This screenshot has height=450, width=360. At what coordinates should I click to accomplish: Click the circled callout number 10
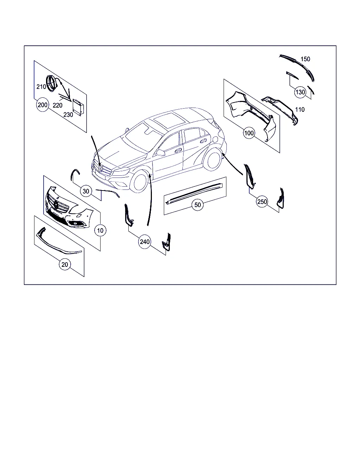(100, 230)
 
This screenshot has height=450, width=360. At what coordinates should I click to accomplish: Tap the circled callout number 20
(65, 264)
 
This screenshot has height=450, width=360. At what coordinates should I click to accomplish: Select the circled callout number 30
(86, 191)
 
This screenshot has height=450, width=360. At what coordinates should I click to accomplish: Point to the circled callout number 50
(198, 205)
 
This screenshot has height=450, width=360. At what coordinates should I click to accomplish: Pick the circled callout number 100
(249, 133)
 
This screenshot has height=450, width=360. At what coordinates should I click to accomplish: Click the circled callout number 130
(300, 92)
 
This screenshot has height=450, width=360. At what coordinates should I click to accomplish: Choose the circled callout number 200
(43, 105)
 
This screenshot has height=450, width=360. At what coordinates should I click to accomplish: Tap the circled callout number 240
(144, 242)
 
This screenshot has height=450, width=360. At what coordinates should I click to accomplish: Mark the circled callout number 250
(262, 202)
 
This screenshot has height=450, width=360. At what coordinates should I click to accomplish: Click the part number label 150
(305, 59)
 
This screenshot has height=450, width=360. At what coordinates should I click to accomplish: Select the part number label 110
(300, 110)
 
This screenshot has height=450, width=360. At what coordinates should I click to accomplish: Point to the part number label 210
(41, 86)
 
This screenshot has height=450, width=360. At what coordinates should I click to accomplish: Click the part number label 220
(58, 105)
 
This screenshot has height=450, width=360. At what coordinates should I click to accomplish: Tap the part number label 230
(68, 115)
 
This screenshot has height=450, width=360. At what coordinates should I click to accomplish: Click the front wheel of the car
(139, 181)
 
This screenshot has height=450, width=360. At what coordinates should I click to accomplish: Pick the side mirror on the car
(160, 153)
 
